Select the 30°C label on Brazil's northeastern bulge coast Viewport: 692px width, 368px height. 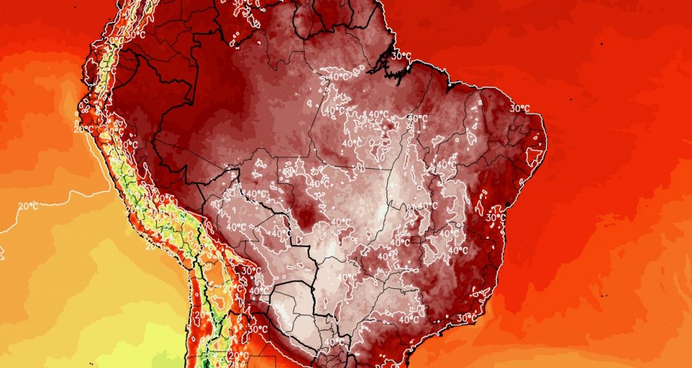[519, 108]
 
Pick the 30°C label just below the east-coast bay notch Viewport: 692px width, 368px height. [496, 218]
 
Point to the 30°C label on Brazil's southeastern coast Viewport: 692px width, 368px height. [466, 317]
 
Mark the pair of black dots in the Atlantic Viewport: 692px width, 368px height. [601, 296]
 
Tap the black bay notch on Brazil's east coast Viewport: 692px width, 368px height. [505, 204]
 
